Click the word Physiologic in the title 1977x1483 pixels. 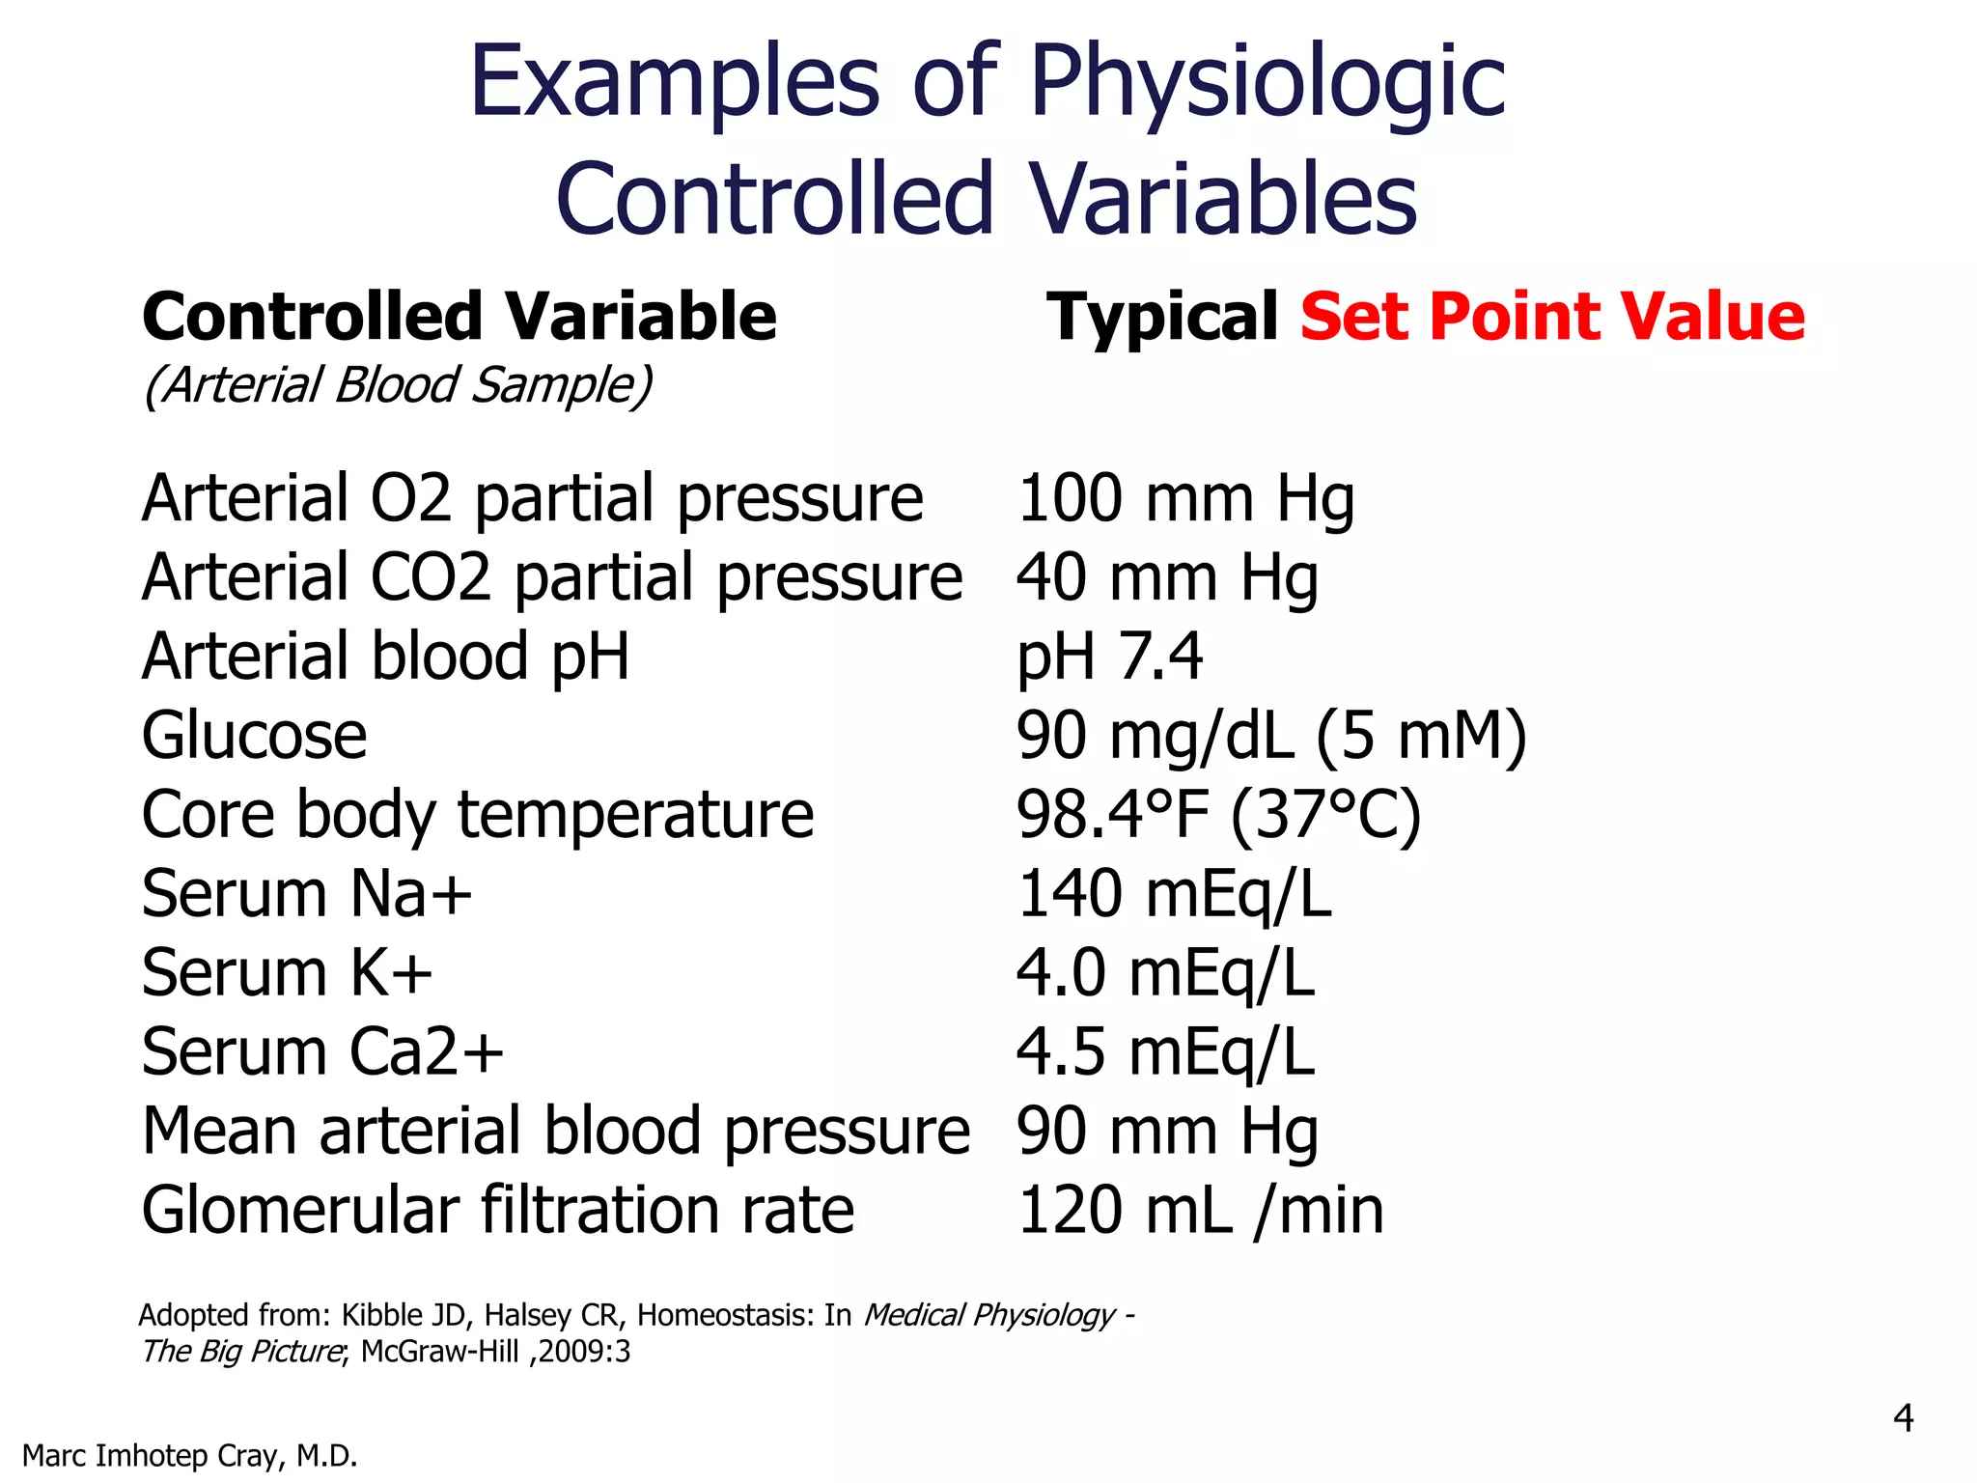point(1267,85)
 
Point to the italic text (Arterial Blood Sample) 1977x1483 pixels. point(398,385)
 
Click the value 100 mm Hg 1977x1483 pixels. point(1185,499)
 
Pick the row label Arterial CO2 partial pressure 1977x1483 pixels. point(552,578)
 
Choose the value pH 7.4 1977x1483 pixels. point(1109,658)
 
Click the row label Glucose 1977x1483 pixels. point(254,737)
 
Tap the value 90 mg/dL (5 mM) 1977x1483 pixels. point(1270,737)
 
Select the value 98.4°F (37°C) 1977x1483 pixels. point(1218,816)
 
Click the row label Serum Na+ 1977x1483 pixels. point(307,894)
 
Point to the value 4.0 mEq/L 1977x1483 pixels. point(1165,973)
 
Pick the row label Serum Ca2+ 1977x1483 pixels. point(322,1052)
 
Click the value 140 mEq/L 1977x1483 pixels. point(1174,894)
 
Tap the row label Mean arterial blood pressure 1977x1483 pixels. point(556,1132)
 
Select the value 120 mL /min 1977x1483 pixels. point(1201,1211)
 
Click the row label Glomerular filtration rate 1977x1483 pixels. point(498,1211)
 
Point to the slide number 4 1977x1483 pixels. point(1903,1418)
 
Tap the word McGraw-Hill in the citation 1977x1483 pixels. point(439,1352)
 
